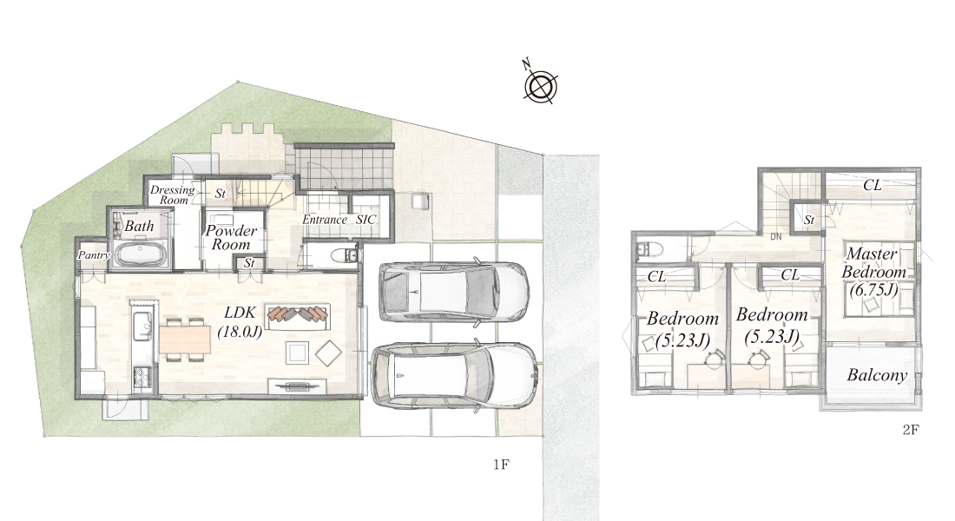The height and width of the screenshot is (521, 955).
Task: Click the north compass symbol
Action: (540, 85)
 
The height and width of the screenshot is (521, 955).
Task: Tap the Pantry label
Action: (93, 255)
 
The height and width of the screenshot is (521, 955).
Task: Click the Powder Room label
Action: (230, 238)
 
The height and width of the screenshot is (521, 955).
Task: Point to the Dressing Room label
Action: (173, 195)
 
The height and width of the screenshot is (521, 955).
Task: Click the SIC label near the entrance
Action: (366, 220)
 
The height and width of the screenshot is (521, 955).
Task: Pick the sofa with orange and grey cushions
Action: (297, 316)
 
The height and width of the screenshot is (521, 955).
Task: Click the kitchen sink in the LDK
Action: (142, 324)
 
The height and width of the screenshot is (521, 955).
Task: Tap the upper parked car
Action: (453, 291)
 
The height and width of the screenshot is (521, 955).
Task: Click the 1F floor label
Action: (501, 465)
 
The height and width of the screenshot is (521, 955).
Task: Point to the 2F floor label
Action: (911, 430)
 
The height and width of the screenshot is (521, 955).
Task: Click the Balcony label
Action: (877, 375)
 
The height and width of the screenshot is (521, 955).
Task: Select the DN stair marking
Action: (776, 236)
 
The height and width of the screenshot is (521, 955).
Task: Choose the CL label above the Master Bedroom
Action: (873, 185)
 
